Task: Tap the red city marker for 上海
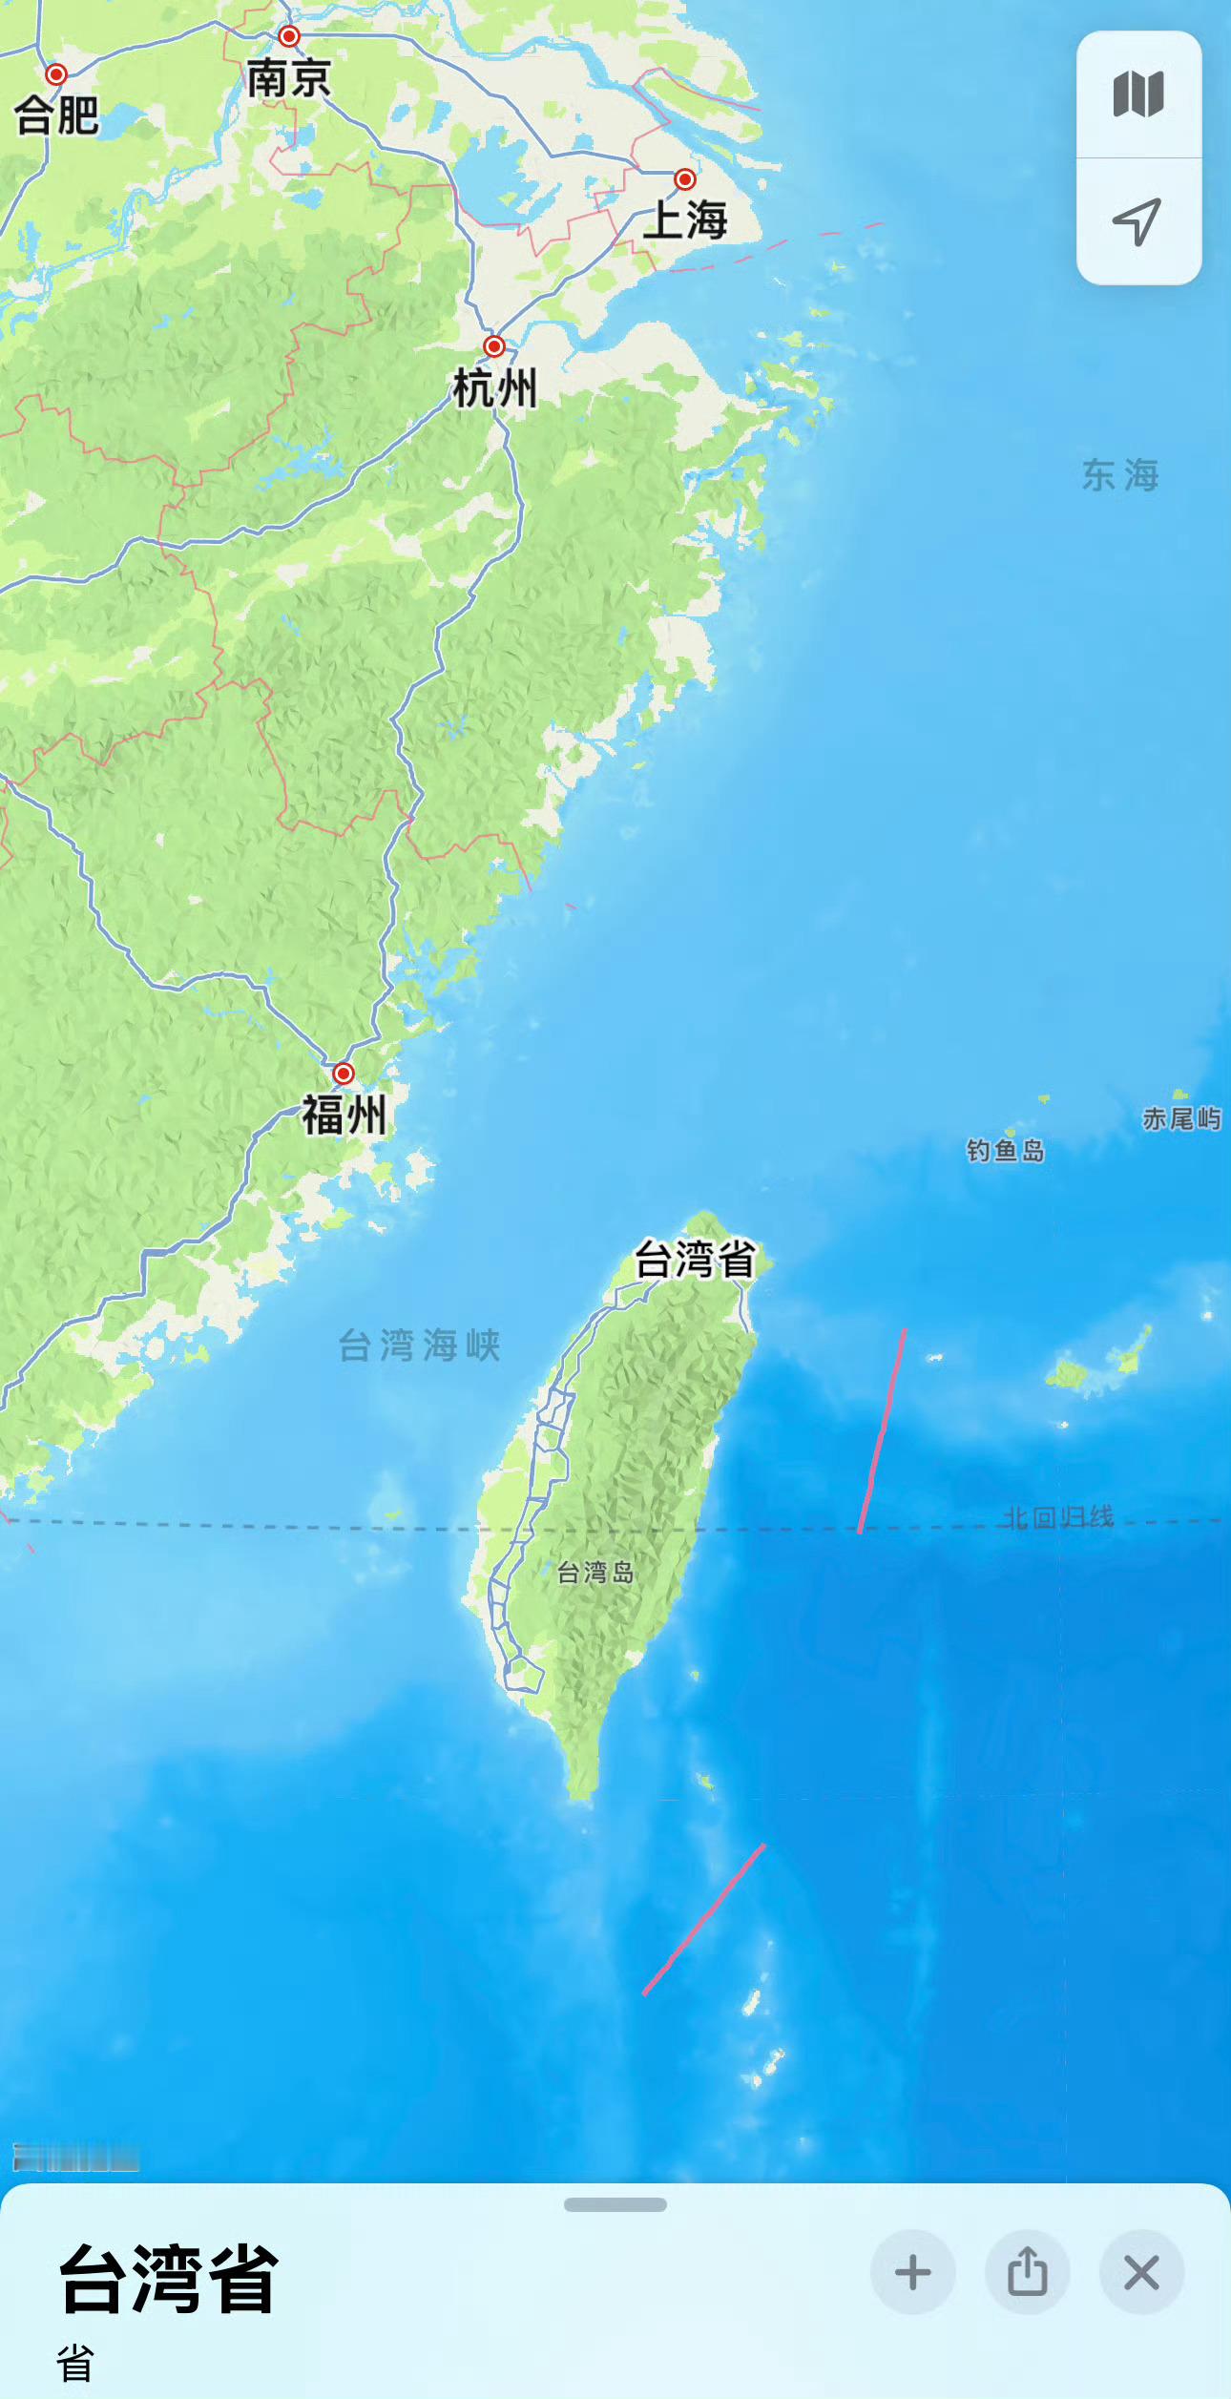[x=684, y=179]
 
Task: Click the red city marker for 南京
[x=289, y=36]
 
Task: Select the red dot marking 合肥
[x=56, y=74]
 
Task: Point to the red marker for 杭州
[x=493, y=345]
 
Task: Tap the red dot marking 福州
[x=343, y=1074]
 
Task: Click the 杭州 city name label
[x=494, y=389]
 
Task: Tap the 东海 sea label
[x=1120, y=475]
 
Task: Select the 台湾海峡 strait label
[x=420, y=1346]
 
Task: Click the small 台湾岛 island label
[x=595, y=1572]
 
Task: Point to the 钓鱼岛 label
[x=1005, y=1151]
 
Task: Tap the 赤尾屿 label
[x=1181, y=1118]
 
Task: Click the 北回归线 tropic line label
[x=1057, y=1517]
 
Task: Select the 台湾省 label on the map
[x=695, y=1260]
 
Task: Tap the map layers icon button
[x=1138, y=94]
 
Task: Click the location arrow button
[x=1138, y=221]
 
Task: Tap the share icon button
[x=1027, y=2272]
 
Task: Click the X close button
[x=1141, y=2272]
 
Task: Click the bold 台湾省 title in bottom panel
[x=169, y=2279]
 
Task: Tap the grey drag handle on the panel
[x=615, y=2204]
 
